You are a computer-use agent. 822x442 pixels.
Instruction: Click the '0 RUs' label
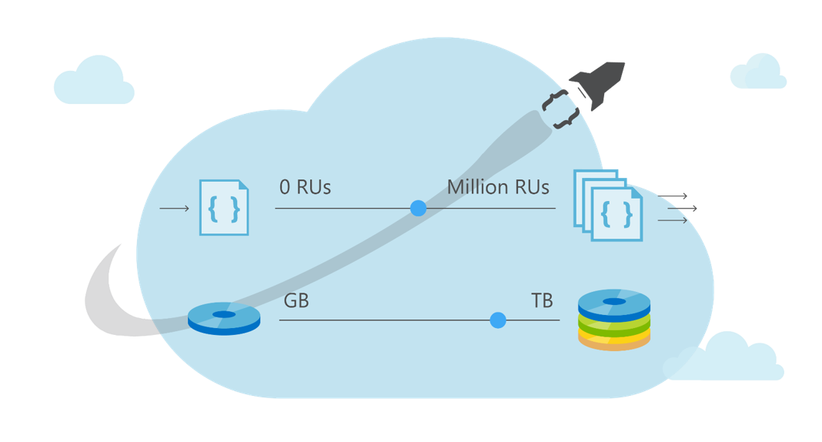[x=305, y=187]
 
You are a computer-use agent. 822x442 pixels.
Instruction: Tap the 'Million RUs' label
[x=498, y=187]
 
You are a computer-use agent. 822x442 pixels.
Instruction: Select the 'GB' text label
[x=296, y=301]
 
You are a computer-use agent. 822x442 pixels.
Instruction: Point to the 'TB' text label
[x=542, y=301]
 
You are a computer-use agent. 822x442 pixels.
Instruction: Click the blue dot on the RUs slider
[x=418, y=208]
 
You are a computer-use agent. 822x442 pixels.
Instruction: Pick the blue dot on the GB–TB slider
[x=498, y=320]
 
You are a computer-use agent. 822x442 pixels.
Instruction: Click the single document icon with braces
[x=224, y=208]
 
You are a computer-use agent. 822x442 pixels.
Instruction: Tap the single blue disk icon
[x=224, y=318]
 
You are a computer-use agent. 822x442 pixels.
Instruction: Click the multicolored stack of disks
[x=614, y=320]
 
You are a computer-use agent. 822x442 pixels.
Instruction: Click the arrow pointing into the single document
[x=174, y=208]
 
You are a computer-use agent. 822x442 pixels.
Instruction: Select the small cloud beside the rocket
[x=758, y=72]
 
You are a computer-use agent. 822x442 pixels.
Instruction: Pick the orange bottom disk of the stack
[x=614, y=343]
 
